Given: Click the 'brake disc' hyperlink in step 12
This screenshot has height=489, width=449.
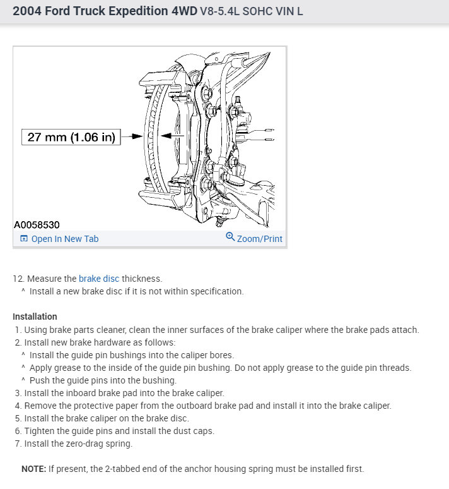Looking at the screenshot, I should point(98,278).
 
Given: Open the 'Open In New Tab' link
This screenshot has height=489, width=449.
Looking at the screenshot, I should point(64,239).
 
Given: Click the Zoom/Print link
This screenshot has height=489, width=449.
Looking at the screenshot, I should point(259,239).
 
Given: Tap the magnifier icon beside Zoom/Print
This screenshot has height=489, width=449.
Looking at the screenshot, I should point(230,238).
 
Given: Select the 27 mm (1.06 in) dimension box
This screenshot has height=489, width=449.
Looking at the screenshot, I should point(71,137).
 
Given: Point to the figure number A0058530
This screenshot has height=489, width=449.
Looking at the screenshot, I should point(37,224).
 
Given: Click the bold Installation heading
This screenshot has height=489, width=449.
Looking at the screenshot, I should point(35,317).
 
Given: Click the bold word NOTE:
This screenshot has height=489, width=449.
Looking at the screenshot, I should point(34,469).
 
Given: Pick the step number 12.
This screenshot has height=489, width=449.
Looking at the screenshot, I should point(18,278).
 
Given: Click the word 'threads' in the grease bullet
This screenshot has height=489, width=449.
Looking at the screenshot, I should point(394,368).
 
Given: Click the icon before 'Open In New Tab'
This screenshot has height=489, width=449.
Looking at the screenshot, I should point(24,239).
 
